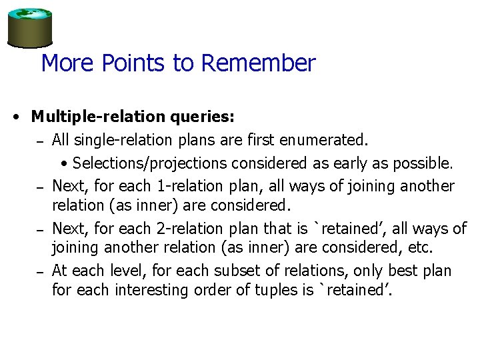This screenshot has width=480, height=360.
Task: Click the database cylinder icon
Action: (x=30, y=27)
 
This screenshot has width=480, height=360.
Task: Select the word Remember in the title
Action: (x=257, y=63)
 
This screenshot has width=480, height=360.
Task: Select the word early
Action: (x=361, y=163)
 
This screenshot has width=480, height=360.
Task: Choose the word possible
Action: (x=424, y=163)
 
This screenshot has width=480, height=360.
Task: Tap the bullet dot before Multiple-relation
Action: (x=15, y=117)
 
